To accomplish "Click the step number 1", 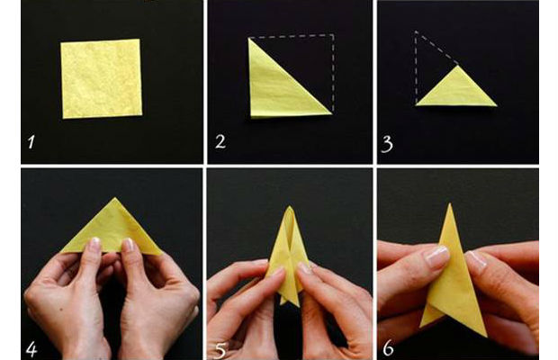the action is (x=31, y=142).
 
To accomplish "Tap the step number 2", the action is (x=220, y=141).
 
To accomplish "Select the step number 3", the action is (x=387, y=144).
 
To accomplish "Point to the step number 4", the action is (x=31, y=349).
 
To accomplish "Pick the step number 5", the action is (x=220, y=350).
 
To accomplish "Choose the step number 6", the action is (x=388, y=348).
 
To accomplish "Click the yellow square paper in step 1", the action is (x=102, y=78).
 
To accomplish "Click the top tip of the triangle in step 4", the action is (x=114, y=198).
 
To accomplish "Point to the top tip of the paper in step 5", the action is (x=290, y=206).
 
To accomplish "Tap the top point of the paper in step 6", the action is (x=450, y=203).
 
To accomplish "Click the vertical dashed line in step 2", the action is (x=333, y=73).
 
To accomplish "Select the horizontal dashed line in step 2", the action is (x=292, y=36).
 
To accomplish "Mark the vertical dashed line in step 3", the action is (x=416, y=67).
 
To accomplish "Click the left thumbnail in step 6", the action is (x=437, y=256).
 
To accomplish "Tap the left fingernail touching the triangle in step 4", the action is (x=95, y=244).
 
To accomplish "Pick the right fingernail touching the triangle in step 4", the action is (x=128, y=245).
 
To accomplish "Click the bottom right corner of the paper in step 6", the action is (x=487, y=337).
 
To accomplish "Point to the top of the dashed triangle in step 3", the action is (x=416, y=32).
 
